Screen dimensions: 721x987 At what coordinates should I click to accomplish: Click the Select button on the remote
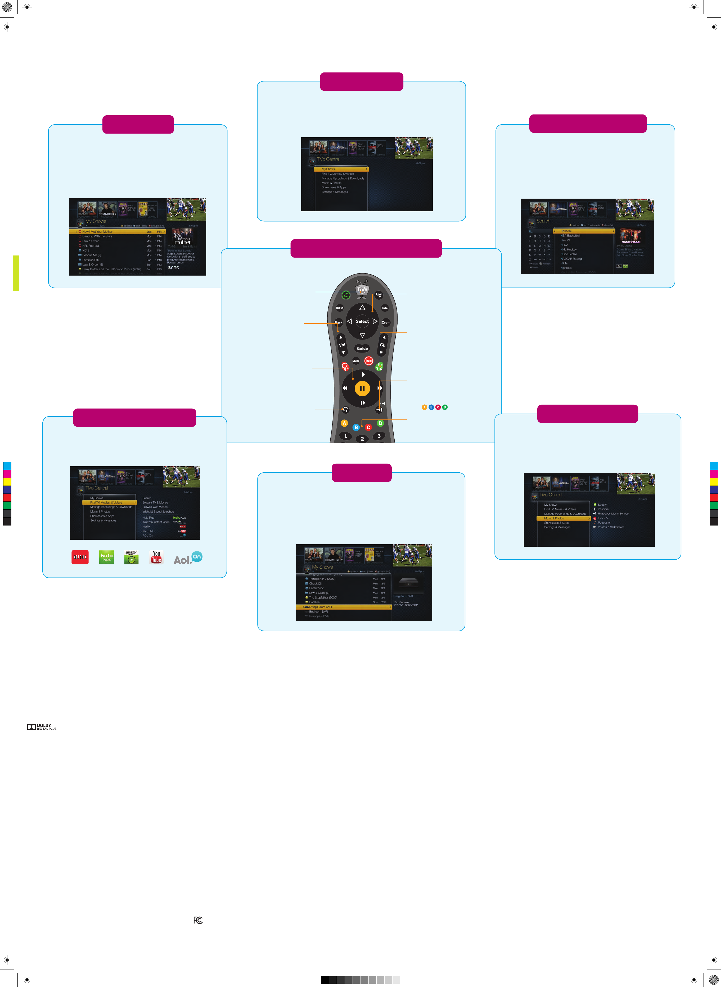point(362,321)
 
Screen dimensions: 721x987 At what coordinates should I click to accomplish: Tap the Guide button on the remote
point(362,349)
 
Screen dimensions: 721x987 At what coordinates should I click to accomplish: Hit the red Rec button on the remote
point(369,361)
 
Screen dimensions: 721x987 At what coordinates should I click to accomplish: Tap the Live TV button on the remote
point(379,295)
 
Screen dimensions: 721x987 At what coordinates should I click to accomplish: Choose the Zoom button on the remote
point(386,323)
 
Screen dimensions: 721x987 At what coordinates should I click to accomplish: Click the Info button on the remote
point(385,308)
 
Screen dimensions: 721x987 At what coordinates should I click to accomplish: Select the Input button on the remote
point(340,308)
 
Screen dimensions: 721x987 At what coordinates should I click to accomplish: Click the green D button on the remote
point(380,423)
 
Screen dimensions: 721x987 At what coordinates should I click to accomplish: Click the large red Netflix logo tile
point(80,557)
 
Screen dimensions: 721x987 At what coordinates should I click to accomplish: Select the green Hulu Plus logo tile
point(106,557)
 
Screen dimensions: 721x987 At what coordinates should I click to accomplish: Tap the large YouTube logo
point(156,557)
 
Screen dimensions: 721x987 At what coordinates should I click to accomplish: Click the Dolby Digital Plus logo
point(42,726)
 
